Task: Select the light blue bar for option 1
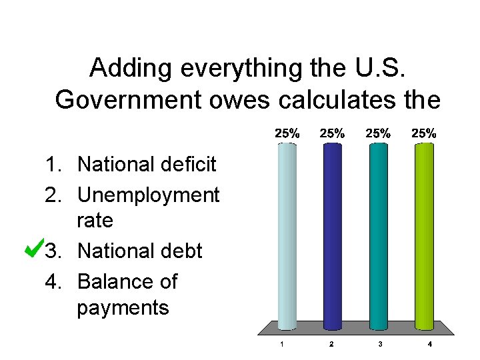[287, 237]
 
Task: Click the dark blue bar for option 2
[332, 237]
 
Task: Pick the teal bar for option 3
[377, 237]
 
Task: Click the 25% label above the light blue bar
[287, 133]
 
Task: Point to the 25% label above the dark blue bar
[332, 133]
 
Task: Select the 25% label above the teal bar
[377, 133]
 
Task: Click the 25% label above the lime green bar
[423, 133]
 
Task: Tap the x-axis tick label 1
[283, 345]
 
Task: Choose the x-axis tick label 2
[331, 345]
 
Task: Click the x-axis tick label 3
[380, 345]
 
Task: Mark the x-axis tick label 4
[429, 345]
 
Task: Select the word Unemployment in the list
[148, 195]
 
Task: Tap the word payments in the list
[123, 307]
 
